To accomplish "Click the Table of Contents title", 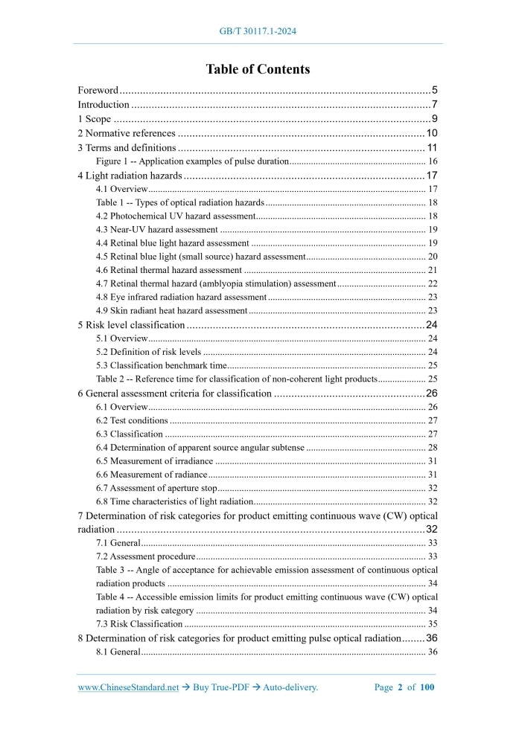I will pyautogui.click(x=258, y=69).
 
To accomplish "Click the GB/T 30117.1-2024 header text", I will pyautogui.click(x=258, y=31).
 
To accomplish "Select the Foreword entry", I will pyautogui.click(x=98, y=90).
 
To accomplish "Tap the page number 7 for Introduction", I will pyautogui.click(x=433, y=104).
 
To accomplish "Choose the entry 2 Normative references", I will pyautogui.click(x=127, y=133).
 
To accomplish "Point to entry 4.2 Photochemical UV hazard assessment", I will pyautogui.click(x=176, y=216).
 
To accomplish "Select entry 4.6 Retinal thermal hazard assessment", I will pyautogui.click(x=169, y=270).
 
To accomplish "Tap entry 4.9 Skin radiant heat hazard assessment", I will pyautogui.click(x=171, y=310).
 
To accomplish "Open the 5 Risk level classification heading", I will pyautogui.click(x=131, y=325).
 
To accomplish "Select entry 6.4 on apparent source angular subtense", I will pyautogui.click(x=200, y=447).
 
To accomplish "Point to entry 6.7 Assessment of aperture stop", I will pyautogui.click(x=156, y=488).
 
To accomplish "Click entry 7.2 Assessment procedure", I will pyautogui.click(x=145, y=556).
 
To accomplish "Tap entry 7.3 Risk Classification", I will pyautogui.click(x=139, y=624).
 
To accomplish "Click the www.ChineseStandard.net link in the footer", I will pyautogui.click(x=128, y=687).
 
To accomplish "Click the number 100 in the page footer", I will pyautogui.click(x=427, y=687).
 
